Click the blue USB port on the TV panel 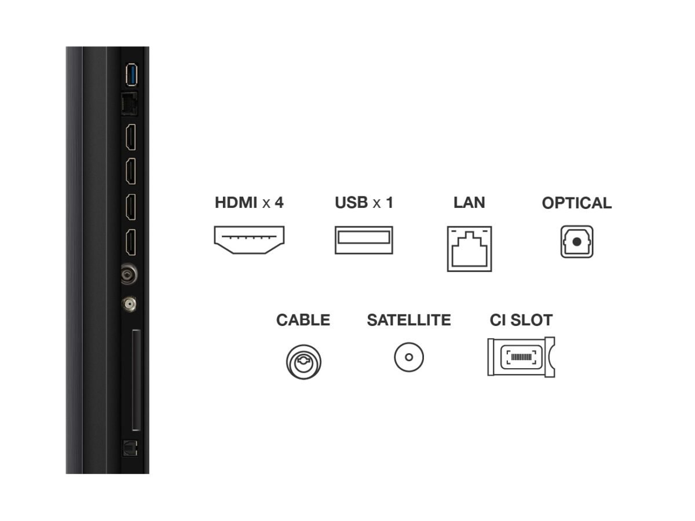pos(131,75)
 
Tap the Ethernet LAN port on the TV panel pos(130,104)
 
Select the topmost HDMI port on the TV pos(131,137)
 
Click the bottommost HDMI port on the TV pos(131,243)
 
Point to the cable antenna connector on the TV pos(129,274)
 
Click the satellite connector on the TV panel pos(129,304)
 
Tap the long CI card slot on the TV pos(136,380)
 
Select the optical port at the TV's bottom pos(130,448)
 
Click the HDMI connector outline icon pos(249,240)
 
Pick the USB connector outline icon pos(364,240)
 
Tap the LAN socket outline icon pos(469,249)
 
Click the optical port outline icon pos(577,241)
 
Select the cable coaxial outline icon pos(303,362)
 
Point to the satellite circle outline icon pos(409,357)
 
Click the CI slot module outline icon pos(521,357)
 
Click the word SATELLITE pos(409,320)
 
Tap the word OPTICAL pos(577,203)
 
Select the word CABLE pos(303,320)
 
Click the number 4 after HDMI pos(279,203)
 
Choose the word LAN pos(469,203)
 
